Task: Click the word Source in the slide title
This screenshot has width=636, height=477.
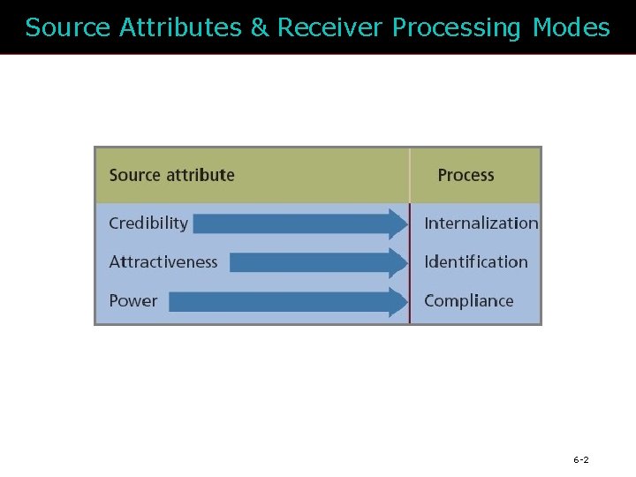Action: click(x=68, y=28)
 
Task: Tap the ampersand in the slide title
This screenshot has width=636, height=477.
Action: click(x=260, y=28)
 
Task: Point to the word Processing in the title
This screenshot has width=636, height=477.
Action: click(x=457, y=28)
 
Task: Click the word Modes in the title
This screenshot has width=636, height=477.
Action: click(x=572, y=28)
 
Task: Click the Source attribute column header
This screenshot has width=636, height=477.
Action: click(x=171, y=175)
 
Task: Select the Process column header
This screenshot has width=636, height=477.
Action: click(x=466, y=175)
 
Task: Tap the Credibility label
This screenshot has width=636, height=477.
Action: click(x=148, y=223)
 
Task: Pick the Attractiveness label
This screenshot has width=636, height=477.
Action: click(x=163, y=261)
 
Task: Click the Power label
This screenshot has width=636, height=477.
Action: click(x=132, y=300)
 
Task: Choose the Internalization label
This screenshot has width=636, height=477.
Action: click(x=481, y=223)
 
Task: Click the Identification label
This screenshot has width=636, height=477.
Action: click(x=475, y=261)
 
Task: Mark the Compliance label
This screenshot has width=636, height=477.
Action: click(x=468, y=300)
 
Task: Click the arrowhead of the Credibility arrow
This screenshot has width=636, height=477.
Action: click(x=396, y=223)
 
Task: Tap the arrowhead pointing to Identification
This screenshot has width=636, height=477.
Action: click(x=396, y=262)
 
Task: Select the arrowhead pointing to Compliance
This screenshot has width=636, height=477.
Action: click(x=396, y=301)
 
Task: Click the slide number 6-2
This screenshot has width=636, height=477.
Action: click(x=581, y=460)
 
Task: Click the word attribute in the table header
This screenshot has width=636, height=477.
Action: click(x=202, y=175)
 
